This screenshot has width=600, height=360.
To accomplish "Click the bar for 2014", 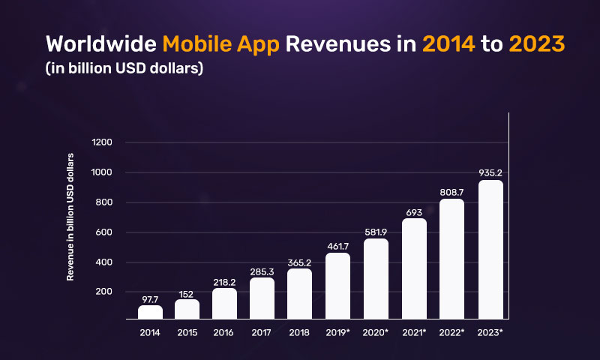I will (150, 311).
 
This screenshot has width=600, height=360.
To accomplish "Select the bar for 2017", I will (262, 298).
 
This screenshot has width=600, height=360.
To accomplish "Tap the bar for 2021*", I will (413, 268).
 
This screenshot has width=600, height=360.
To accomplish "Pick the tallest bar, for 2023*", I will (490, 249).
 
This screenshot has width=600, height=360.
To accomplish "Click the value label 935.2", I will (490, 172).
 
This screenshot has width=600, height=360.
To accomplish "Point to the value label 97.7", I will (150, 298).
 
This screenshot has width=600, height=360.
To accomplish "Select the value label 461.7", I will (338, 245).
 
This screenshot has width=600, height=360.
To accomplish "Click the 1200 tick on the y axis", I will (101, 142).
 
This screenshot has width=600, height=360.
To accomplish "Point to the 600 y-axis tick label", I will (103, 232).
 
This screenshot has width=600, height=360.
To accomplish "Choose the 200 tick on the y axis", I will (103, 292).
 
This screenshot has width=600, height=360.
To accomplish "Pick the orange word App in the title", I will (261, 43).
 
